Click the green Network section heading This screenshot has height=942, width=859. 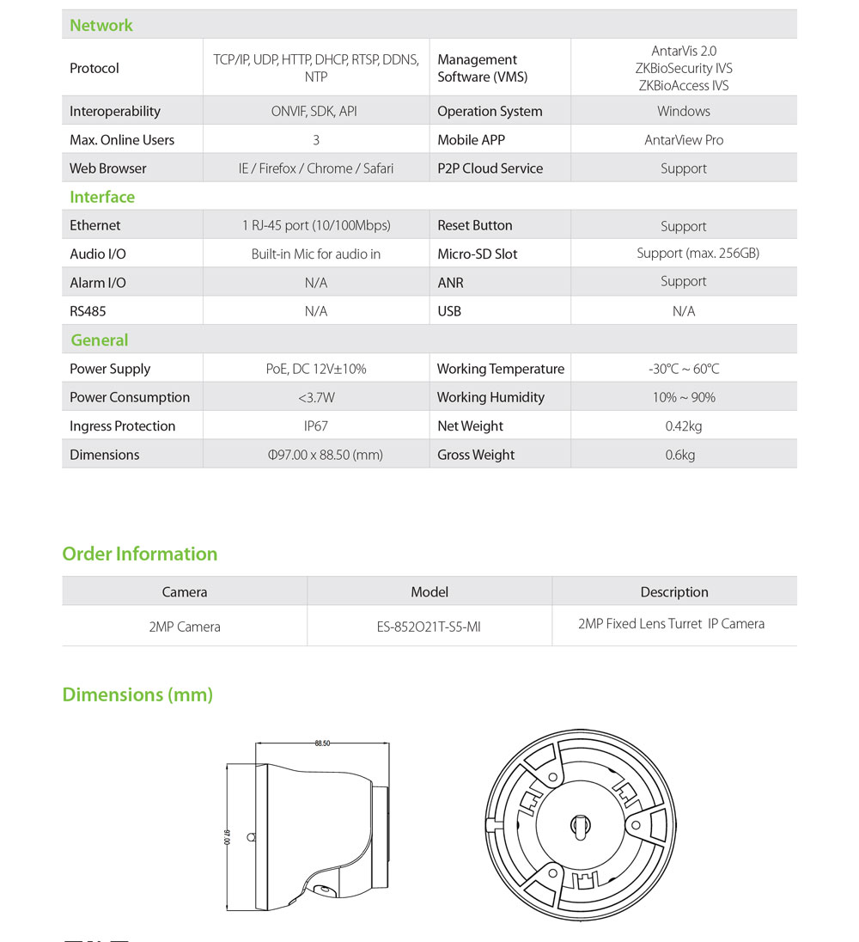[x=101, y=25]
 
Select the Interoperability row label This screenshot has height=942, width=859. [x=115, y=111]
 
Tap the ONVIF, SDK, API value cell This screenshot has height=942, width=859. [x=316, y=111]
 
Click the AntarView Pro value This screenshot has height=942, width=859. [x=684, y=140]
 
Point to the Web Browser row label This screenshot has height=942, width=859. [x=108, y=168]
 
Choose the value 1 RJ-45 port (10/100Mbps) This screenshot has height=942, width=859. [x=316, y=225]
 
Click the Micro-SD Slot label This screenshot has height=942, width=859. [x=478, y=254]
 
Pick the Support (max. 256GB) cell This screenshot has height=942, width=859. [x=698, y=253]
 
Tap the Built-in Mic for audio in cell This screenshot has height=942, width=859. [x=316, y=254]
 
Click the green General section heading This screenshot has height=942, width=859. [x=100, y=340]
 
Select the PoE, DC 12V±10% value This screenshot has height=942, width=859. [x=316, y=369]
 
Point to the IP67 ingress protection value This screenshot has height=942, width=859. [x=316, y=425]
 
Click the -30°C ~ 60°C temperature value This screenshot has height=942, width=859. [x=684, y=369]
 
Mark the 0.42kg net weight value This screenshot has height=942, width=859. [x=684, y=425]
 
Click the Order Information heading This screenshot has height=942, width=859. [x=140, y=554]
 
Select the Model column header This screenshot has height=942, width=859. [x=429, y=591]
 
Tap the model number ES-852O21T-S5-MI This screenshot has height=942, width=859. [x=429, y=627]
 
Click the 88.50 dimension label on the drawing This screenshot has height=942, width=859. [x=322, y=743]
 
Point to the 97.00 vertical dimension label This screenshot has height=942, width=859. [x=228, y=836]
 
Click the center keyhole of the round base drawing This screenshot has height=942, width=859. [x=577, y=827]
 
